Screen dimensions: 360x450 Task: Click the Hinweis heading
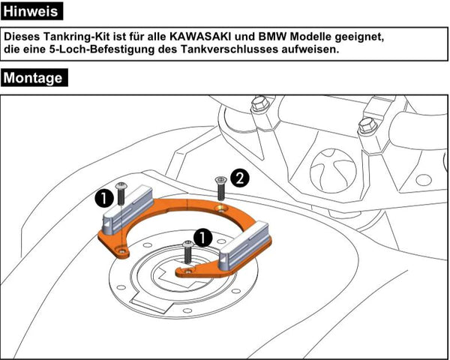(32, 11)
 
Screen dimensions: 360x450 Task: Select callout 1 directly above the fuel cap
(200, 238)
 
